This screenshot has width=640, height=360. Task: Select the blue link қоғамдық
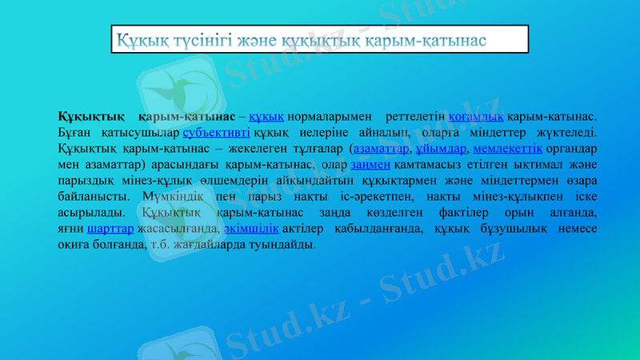482,118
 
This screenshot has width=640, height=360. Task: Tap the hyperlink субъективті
216,133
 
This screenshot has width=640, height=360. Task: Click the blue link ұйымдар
442,149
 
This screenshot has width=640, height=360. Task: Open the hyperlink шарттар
110,229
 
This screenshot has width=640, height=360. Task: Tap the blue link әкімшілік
251,229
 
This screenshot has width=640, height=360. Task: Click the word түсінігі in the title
190,39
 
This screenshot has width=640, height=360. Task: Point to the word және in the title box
258,39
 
